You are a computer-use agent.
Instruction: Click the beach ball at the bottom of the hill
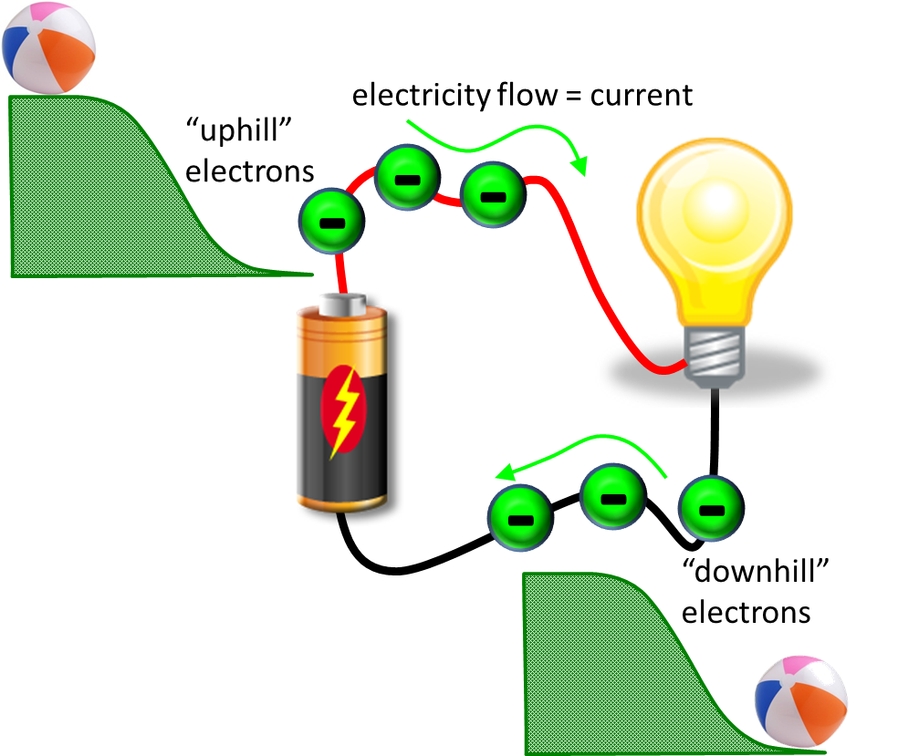point(800,701)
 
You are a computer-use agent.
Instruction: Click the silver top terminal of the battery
point(342,304)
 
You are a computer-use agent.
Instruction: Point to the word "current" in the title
point(641,95)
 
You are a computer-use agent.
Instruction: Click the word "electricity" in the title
point(422,96)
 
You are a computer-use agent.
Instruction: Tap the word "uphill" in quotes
point(239,130)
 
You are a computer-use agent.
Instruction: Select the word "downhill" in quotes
point(756,571)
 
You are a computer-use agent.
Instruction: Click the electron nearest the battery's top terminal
point(331,221)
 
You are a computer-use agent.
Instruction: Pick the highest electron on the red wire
point(407,178)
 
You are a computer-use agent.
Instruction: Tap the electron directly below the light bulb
point(711,508)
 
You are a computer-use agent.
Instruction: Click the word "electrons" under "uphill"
point(250,171)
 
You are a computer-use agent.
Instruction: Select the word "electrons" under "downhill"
point(746,613)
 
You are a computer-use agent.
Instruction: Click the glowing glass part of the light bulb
point(715,229)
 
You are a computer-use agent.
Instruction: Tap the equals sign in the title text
point(573,96)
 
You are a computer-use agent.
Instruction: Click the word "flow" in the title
point(527,95)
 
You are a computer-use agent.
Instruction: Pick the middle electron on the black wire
point(612,497)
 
